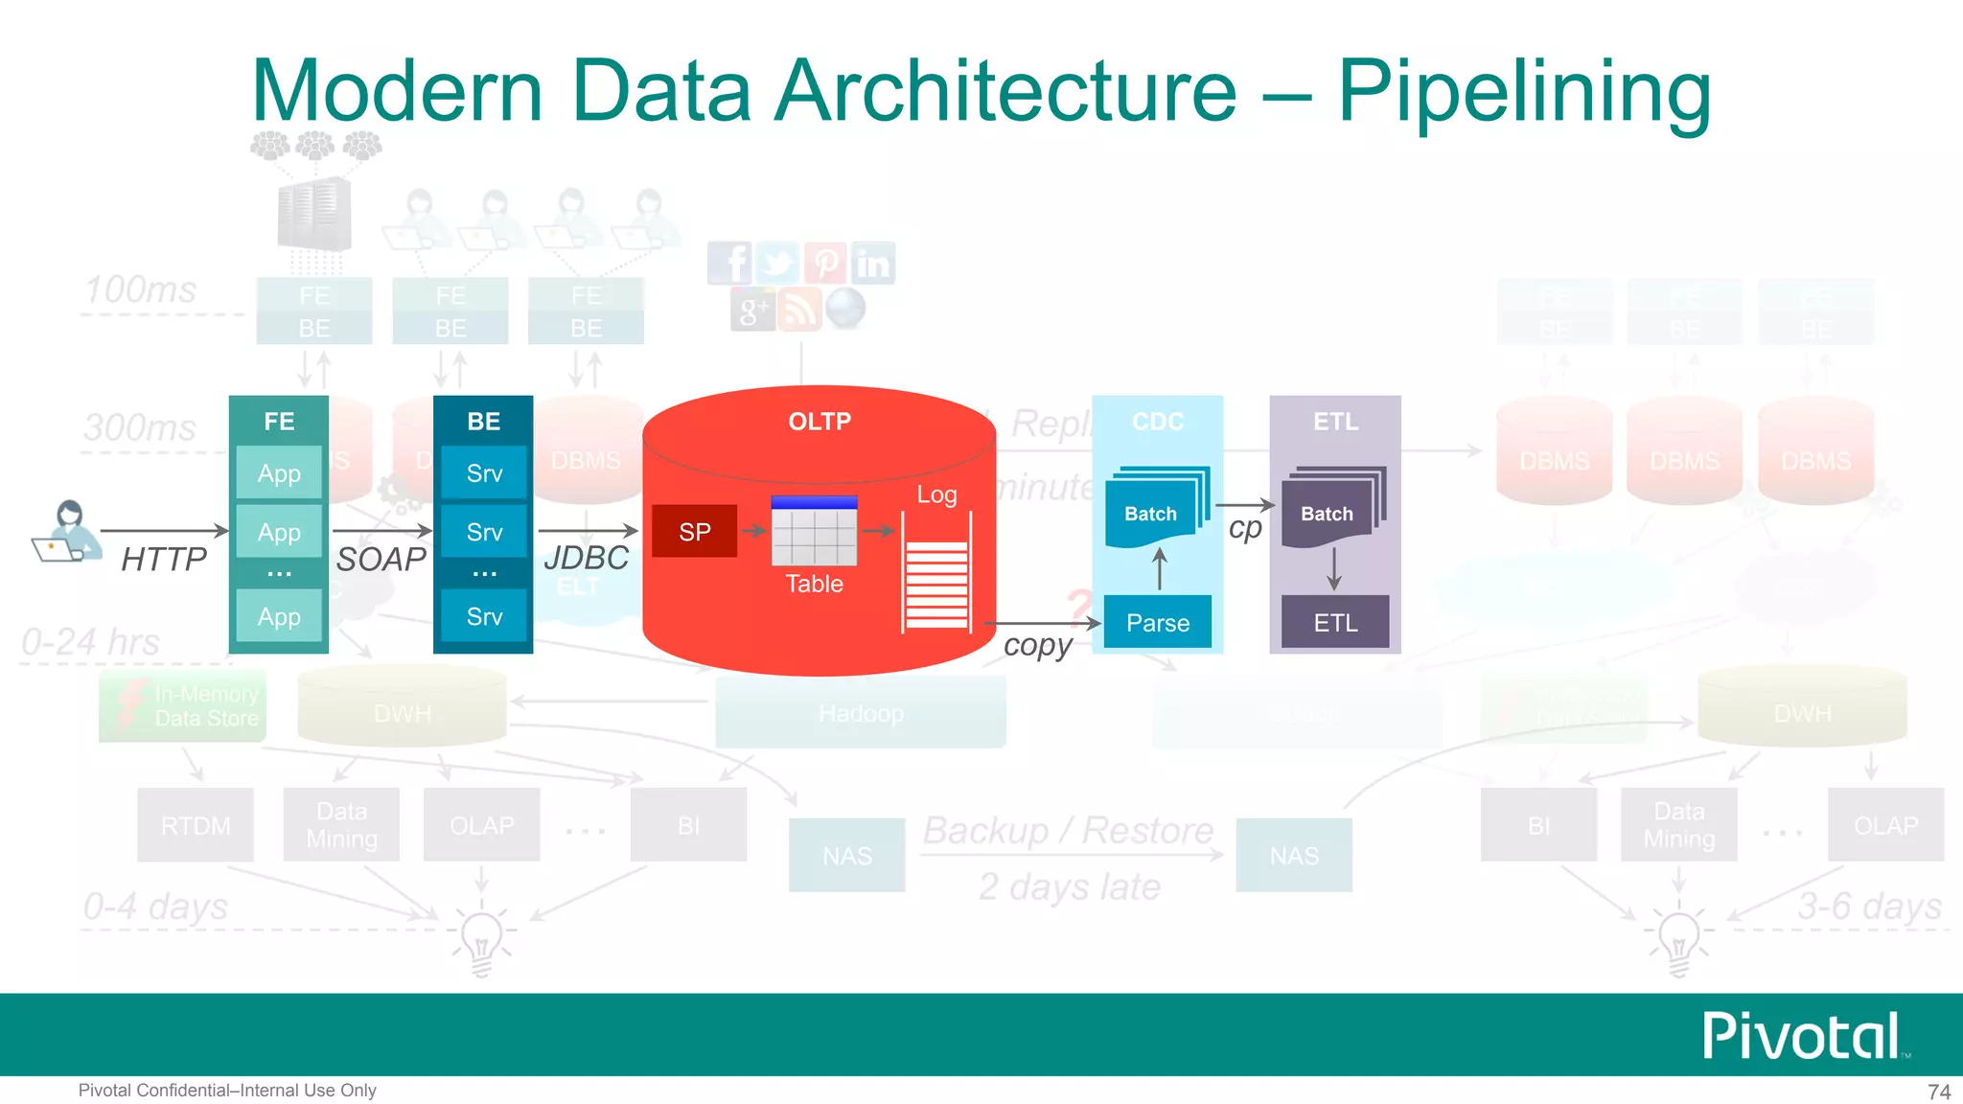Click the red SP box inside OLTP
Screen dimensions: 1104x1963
694,532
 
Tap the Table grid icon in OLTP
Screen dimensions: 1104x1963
814,532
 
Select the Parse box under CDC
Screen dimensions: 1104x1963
1157,623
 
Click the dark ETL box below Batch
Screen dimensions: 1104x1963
1335,623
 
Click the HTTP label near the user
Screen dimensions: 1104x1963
164,559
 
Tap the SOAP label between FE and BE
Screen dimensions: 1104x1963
381,559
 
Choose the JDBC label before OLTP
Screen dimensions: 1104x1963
586,558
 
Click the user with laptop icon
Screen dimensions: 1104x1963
66,532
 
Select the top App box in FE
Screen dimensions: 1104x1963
279,473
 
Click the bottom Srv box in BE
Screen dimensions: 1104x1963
484,616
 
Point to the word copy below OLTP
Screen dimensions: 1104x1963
1038,646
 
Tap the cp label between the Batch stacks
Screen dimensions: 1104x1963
1245,528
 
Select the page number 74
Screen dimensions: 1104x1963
1938,1092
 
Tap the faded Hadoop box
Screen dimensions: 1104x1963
861,713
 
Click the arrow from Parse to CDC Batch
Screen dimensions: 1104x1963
1160,569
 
